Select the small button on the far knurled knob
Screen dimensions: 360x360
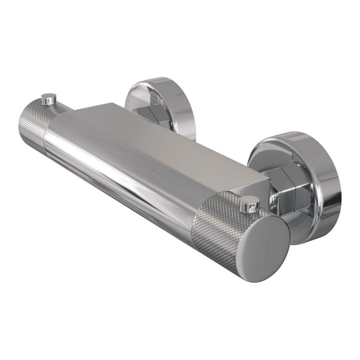[x=49, y=98]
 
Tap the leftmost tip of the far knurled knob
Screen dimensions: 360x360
[x=19, y=126]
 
